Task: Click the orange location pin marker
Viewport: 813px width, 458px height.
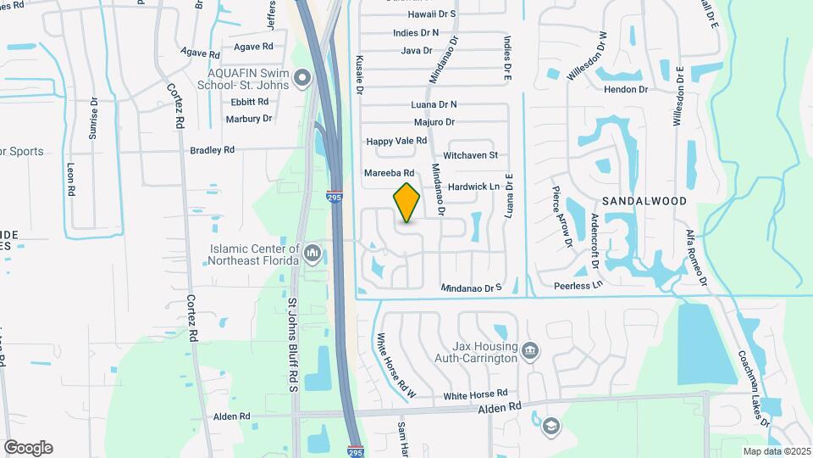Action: (x=406, y=203)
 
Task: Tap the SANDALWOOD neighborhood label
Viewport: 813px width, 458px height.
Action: (x=644, y=201)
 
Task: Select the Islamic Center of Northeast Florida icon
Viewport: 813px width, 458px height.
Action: (x=313, y=252)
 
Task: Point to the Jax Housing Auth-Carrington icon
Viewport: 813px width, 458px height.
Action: (x=530, y=350)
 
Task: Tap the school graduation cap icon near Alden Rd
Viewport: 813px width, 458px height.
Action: (x=550, y=426)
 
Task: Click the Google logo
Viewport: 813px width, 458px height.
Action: (x=28, y=448)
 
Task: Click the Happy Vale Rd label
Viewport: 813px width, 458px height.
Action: (x=396, y=141)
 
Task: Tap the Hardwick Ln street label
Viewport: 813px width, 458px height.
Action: (x=474, y=186)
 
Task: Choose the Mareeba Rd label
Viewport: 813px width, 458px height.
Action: (x=388, y=173)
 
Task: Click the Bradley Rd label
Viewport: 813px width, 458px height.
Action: (x=212, y=150)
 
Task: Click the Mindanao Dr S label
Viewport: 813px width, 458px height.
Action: (x=472, y=288)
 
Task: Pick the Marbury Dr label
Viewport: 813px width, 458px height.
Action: (x=248, y=119)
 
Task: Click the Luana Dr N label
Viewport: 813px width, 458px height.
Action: (x=434, y=104)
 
